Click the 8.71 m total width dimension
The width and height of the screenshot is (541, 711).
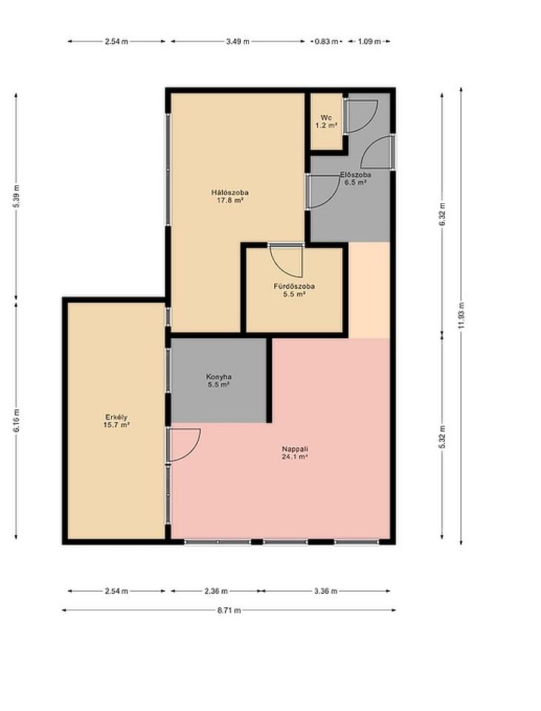click(229, 610)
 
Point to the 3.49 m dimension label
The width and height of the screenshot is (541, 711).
click(238, 42)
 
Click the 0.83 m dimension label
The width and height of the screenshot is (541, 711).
click(327, 42)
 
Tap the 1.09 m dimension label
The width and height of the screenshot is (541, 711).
click(369, 42)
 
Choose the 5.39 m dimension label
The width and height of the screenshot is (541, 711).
click(16, 196)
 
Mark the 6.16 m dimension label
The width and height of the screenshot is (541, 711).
click(16, 420)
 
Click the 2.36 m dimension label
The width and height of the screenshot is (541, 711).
click(216, 591)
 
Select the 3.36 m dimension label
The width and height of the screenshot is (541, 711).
click(325, 591)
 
